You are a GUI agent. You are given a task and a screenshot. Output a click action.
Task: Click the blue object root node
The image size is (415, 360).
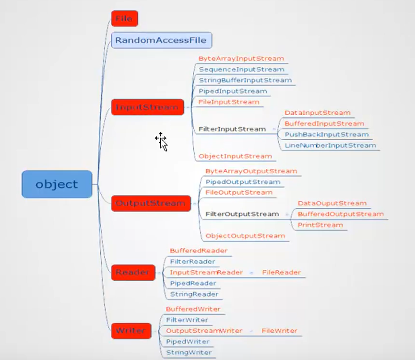pyautogui.click(x=57, y=184)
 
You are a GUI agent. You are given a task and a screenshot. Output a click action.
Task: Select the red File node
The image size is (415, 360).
pyautogui.click(x=124, y=19)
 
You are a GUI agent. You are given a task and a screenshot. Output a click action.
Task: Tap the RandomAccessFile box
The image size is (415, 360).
pyautogui.click(x=161, y=40)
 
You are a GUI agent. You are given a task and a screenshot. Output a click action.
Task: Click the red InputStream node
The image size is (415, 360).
pyautogui.click(x=147, y=107)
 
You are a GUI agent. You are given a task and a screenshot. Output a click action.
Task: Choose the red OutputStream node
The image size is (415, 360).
pyautogui.click(x=151, y=203)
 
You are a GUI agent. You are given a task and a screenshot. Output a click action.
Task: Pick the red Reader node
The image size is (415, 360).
pyautogui.click(x=133, y=273)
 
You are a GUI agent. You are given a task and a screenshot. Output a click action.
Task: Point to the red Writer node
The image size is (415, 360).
pyautogui.click(x=131, y=331)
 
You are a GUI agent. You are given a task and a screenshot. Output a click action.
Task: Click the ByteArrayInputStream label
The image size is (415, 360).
pyautogui.click(x=241, y=59)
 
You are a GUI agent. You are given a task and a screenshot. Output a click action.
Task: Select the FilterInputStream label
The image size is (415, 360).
pyautogui.click(x=232, y=129)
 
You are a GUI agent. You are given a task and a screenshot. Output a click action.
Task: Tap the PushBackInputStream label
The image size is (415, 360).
pyautogui.click(x=326, y=134)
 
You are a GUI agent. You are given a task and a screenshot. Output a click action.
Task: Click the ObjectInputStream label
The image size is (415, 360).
pyautogui.click(x=235, y=156)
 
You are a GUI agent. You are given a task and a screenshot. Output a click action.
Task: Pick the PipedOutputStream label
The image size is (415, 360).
pyautogui.click(x=243, y=182)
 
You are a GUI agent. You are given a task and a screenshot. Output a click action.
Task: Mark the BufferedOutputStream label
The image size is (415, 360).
pyautogui.click(x=341, y=214)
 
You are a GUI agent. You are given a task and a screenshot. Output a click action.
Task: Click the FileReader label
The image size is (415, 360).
pyautogui.click(x=281, y=272)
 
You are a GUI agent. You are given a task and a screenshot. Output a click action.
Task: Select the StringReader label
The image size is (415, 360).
pyautogui.click(x=194, y=294)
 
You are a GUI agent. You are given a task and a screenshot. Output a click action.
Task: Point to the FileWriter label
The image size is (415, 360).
pyautogui.click(x=279, y=331)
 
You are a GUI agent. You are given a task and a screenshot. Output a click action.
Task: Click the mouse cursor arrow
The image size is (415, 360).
pyautogui.click(x=162, y=142)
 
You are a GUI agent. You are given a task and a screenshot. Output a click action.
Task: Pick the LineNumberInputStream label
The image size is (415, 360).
pyautogui.click(x=330, y=145)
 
